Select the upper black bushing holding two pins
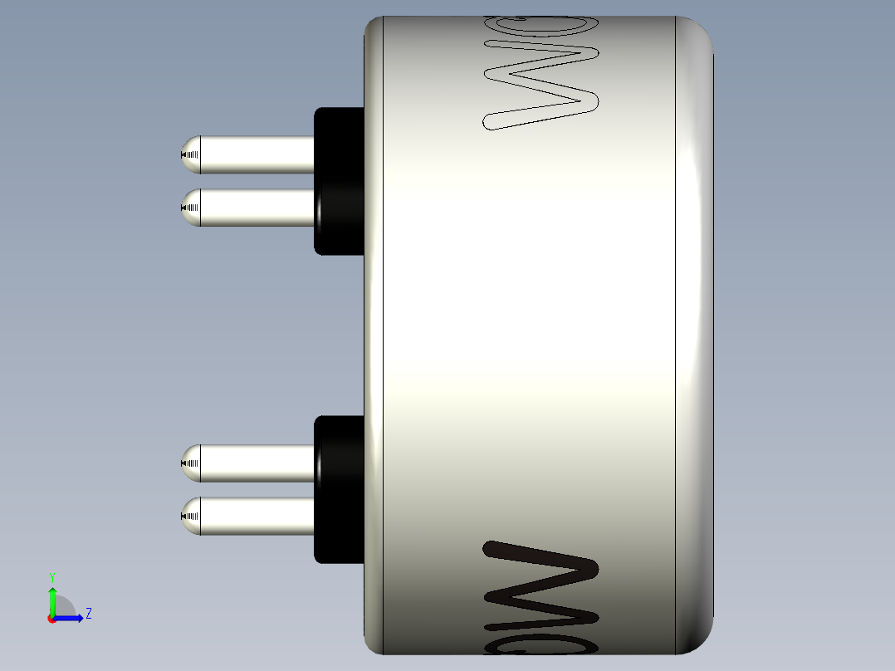point(339,180)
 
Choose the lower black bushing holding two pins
point(339,490)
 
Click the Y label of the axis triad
point(51,576)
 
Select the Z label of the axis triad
point(88,614)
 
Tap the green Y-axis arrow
point(52,598)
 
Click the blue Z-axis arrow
point(71,618)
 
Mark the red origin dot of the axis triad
point(52,619)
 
